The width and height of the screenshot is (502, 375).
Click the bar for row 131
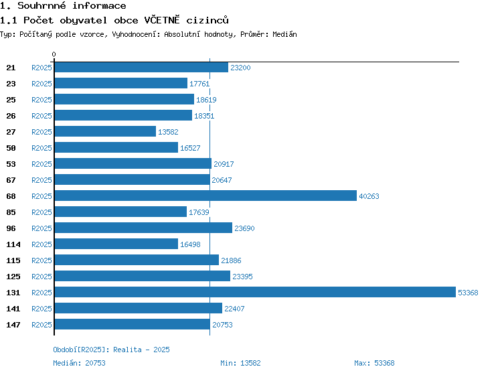click(255, 292)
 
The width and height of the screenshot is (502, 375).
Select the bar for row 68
click(205, 196)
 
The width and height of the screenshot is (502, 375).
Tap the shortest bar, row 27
click(105, 131)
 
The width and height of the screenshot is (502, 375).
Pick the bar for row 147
click(133, 324)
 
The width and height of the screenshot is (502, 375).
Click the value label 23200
click(240, 68)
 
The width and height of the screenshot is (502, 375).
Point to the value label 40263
click(369, 196)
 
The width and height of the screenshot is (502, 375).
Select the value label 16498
click(190, 244)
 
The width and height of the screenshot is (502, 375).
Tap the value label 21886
click(231, 260)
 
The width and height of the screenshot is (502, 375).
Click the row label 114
click(13, 244)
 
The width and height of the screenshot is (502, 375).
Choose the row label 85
click(11, 212)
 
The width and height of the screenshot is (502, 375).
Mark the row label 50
click(11, 148)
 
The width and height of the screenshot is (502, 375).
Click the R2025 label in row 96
click(41, 228)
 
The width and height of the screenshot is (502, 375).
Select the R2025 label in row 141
click(41, 309)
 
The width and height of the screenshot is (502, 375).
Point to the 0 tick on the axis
click(54, 54)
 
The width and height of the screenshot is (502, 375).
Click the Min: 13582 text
click(240, 363)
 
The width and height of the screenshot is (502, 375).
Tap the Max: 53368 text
click(374, 363)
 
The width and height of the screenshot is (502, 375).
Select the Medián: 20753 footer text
click(79, 363)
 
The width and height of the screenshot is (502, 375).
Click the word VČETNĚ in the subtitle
click(162, 20)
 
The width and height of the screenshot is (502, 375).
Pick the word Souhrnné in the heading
click(41, 5)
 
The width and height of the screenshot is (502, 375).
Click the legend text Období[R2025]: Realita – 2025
click(111, 350)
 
